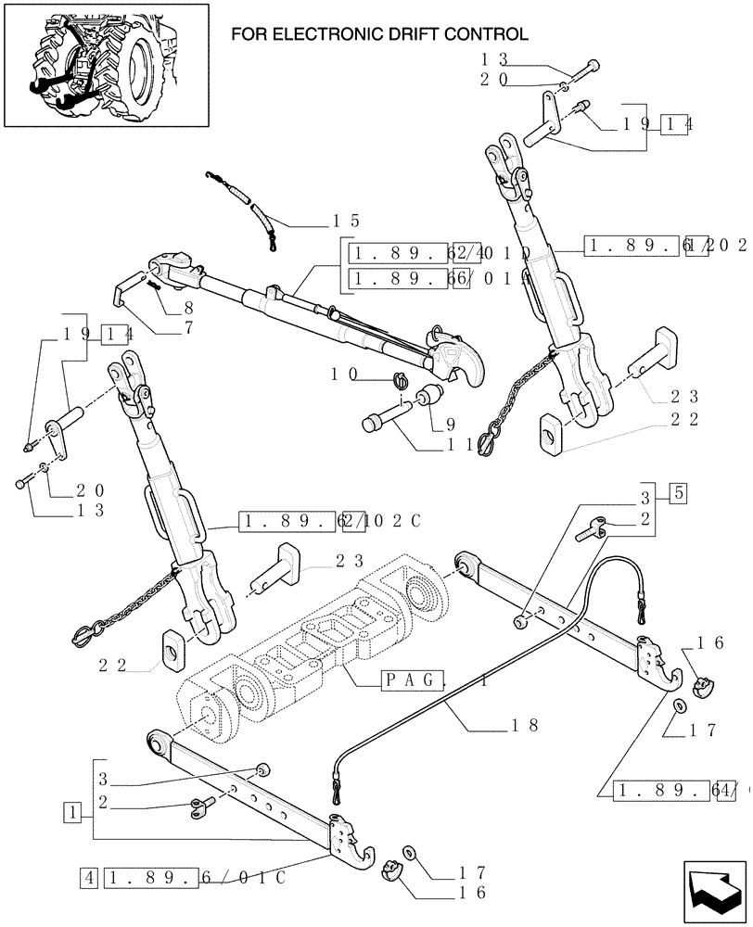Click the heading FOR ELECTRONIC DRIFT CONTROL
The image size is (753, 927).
[x=378, y=35]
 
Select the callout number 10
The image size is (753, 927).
[x=345, y=375]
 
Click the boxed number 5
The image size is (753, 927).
[x=678, y=492]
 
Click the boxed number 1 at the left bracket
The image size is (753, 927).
[x=71, y=813]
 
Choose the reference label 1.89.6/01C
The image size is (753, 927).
[x=196, y=875]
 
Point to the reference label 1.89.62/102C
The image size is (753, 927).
[x=329, y=522]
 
